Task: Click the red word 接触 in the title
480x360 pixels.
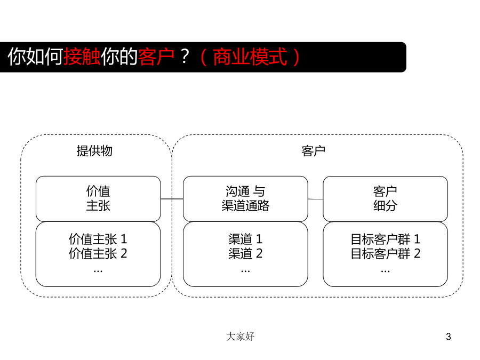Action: click(x=82, y=57)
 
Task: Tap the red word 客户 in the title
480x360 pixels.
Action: click(x=156, y=57)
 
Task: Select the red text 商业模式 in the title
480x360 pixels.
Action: click(x=250, y=57)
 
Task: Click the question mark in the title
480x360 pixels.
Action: click(x=185, y=57)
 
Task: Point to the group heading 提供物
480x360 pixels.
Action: click(x=94, y=151)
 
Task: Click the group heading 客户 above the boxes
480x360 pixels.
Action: click(x=313, y=151)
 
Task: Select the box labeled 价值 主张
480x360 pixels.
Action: click(x=98, y=199)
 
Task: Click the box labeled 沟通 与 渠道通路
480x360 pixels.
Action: click(x=245, y=199)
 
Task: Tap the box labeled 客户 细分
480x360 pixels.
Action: click(x=386, y=199)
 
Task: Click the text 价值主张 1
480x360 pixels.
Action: click(x=98, y=239)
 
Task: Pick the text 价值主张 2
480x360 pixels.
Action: click(x=98, y=253)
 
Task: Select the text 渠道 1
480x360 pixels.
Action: click(x=245, y=239)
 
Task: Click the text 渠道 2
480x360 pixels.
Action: click(x=245, y=253)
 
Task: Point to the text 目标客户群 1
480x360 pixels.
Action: click(x=386, y=239)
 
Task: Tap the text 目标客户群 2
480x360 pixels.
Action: click(x=386, y=253)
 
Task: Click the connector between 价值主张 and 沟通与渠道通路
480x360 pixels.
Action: click(x=172, y=199)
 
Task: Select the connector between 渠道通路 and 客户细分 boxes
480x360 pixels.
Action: click(x=315, y=199)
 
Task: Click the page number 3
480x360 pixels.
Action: click(x=449, y=337)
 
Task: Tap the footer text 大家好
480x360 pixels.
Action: click(x=241, y=337)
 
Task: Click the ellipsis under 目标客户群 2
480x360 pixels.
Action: click(x=386, y=271)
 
